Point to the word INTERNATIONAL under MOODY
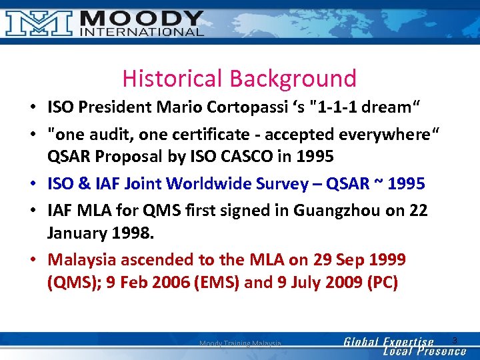[x=142, y=31]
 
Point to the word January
[x=75, y=233]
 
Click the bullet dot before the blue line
[x=32, y=183]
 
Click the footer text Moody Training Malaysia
[x=240, y=343]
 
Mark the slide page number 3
[x=455, y=341]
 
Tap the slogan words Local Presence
[x=425, y=351]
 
